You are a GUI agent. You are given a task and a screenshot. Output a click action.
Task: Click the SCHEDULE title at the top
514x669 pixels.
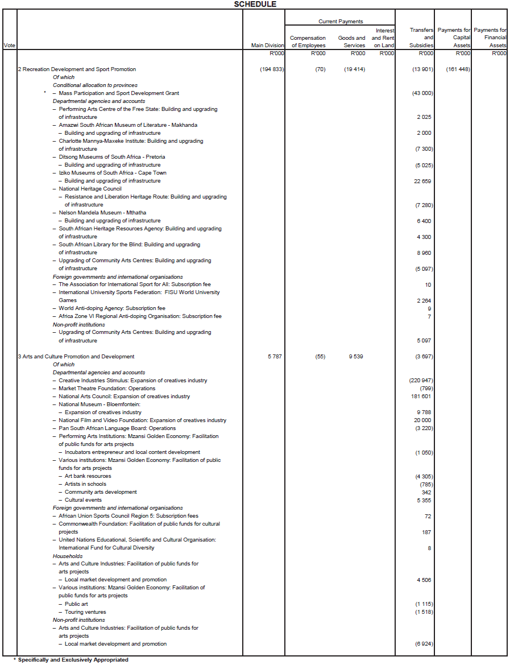pyautogui.click(x=255, y=4)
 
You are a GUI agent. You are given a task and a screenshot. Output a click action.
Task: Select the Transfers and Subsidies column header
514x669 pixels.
pyautogui.click(x=421, y=38)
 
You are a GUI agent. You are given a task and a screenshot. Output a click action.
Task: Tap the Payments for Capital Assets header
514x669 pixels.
pyautogui.click(x=454, y=38)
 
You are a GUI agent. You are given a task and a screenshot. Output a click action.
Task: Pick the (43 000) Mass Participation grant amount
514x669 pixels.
pyautogui.click(x=421, y=93)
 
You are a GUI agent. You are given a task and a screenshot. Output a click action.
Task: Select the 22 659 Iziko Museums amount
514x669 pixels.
pyautogui.click(x=424, y=181)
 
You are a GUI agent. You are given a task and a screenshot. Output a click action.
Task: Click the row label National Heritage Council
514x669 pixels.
pyautogui.click(x=90, y=189)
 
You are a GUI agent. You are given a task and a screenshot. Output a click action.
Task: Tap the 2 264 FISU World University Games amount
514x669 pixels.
pyautogui.click(x=424, y=300)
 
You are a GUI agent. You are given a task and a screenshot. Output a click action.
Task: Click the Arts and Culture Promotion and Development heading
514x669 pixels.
pyautogui.click(x=78, y=357)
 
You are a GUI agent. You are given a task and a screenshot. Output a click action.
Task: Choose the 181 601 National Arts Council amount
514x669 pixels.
pyautogui.click(x=421, y=397)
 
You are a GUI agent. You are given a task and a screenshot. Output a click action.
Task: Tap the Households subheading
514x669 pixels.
pyautogui.click(x=68, y=556)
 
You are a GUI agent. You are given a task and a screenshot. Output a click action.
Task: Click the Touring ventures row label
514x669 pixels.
pyautogui.click(x=85, y=612)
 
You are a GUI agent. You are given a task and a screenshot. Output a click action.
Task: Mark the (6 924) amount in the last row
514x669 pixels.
pyautogui.click(x=423, y=644)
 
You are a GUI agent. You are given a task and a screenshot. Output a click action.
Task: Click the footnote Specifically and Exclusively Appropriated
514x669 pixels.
pyautogui.click(x=73, y=660)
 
